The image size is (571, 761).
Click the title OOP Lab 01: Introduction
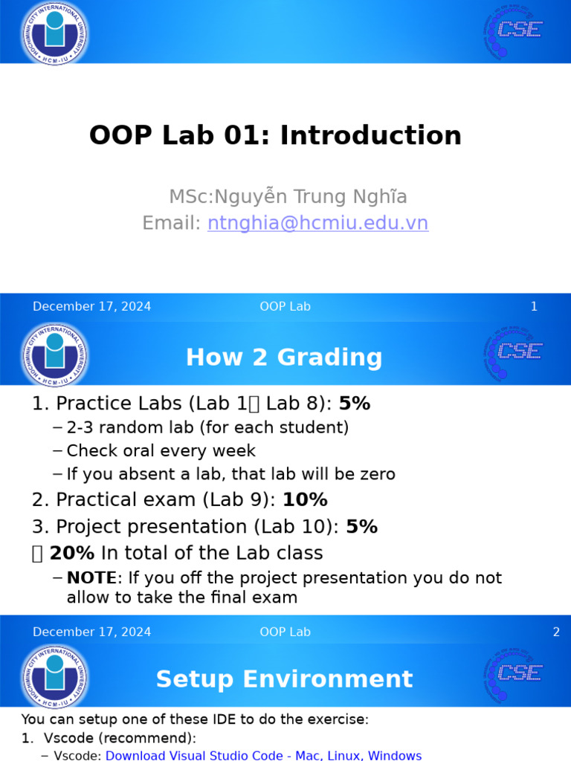(275, 136)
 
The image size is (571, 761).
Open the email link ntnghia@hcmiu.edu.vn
(317, 224)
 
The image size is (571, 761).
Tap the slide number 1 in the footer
(533, 307)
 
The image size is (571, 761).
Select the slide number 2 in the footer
(555, 632)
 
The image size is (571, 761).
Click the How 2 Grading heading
(284, 357)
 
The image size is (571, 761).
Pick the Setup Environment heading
(284, 679)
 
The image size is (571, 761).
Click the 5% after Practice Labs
(354, 404)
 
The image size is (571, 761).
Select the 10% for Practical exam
(305, 500)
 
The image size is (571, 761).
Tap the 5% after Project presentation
(361, 527)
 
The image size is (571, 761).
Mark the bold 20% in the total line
(72, 554)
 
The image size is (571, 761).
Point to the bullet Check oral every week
(161, 451)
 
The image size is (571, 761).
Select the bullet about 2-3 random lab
(207, 428)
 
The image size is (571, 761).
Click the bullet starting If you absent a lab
(230, 474)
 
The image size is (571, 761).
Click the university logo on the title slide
(55, 32)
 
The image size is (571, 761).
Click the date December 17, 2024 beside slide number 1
(92, 307)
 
